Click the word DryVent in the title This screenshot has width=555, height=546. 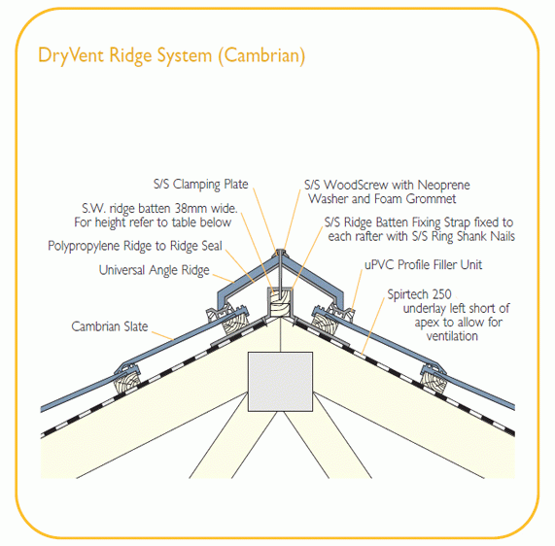tap(71, 55)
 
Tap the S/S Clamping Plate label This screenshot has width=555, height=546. tap(200, 184)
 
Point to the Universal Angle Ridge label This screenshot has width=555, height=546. tap(154, 270)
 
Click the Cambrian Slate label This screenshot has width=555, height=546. tap(110, 326)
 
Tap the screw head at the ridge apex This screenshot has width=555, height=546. tap(279, 254)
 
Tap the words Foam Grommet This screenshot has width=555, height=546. tap(403, 198)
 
